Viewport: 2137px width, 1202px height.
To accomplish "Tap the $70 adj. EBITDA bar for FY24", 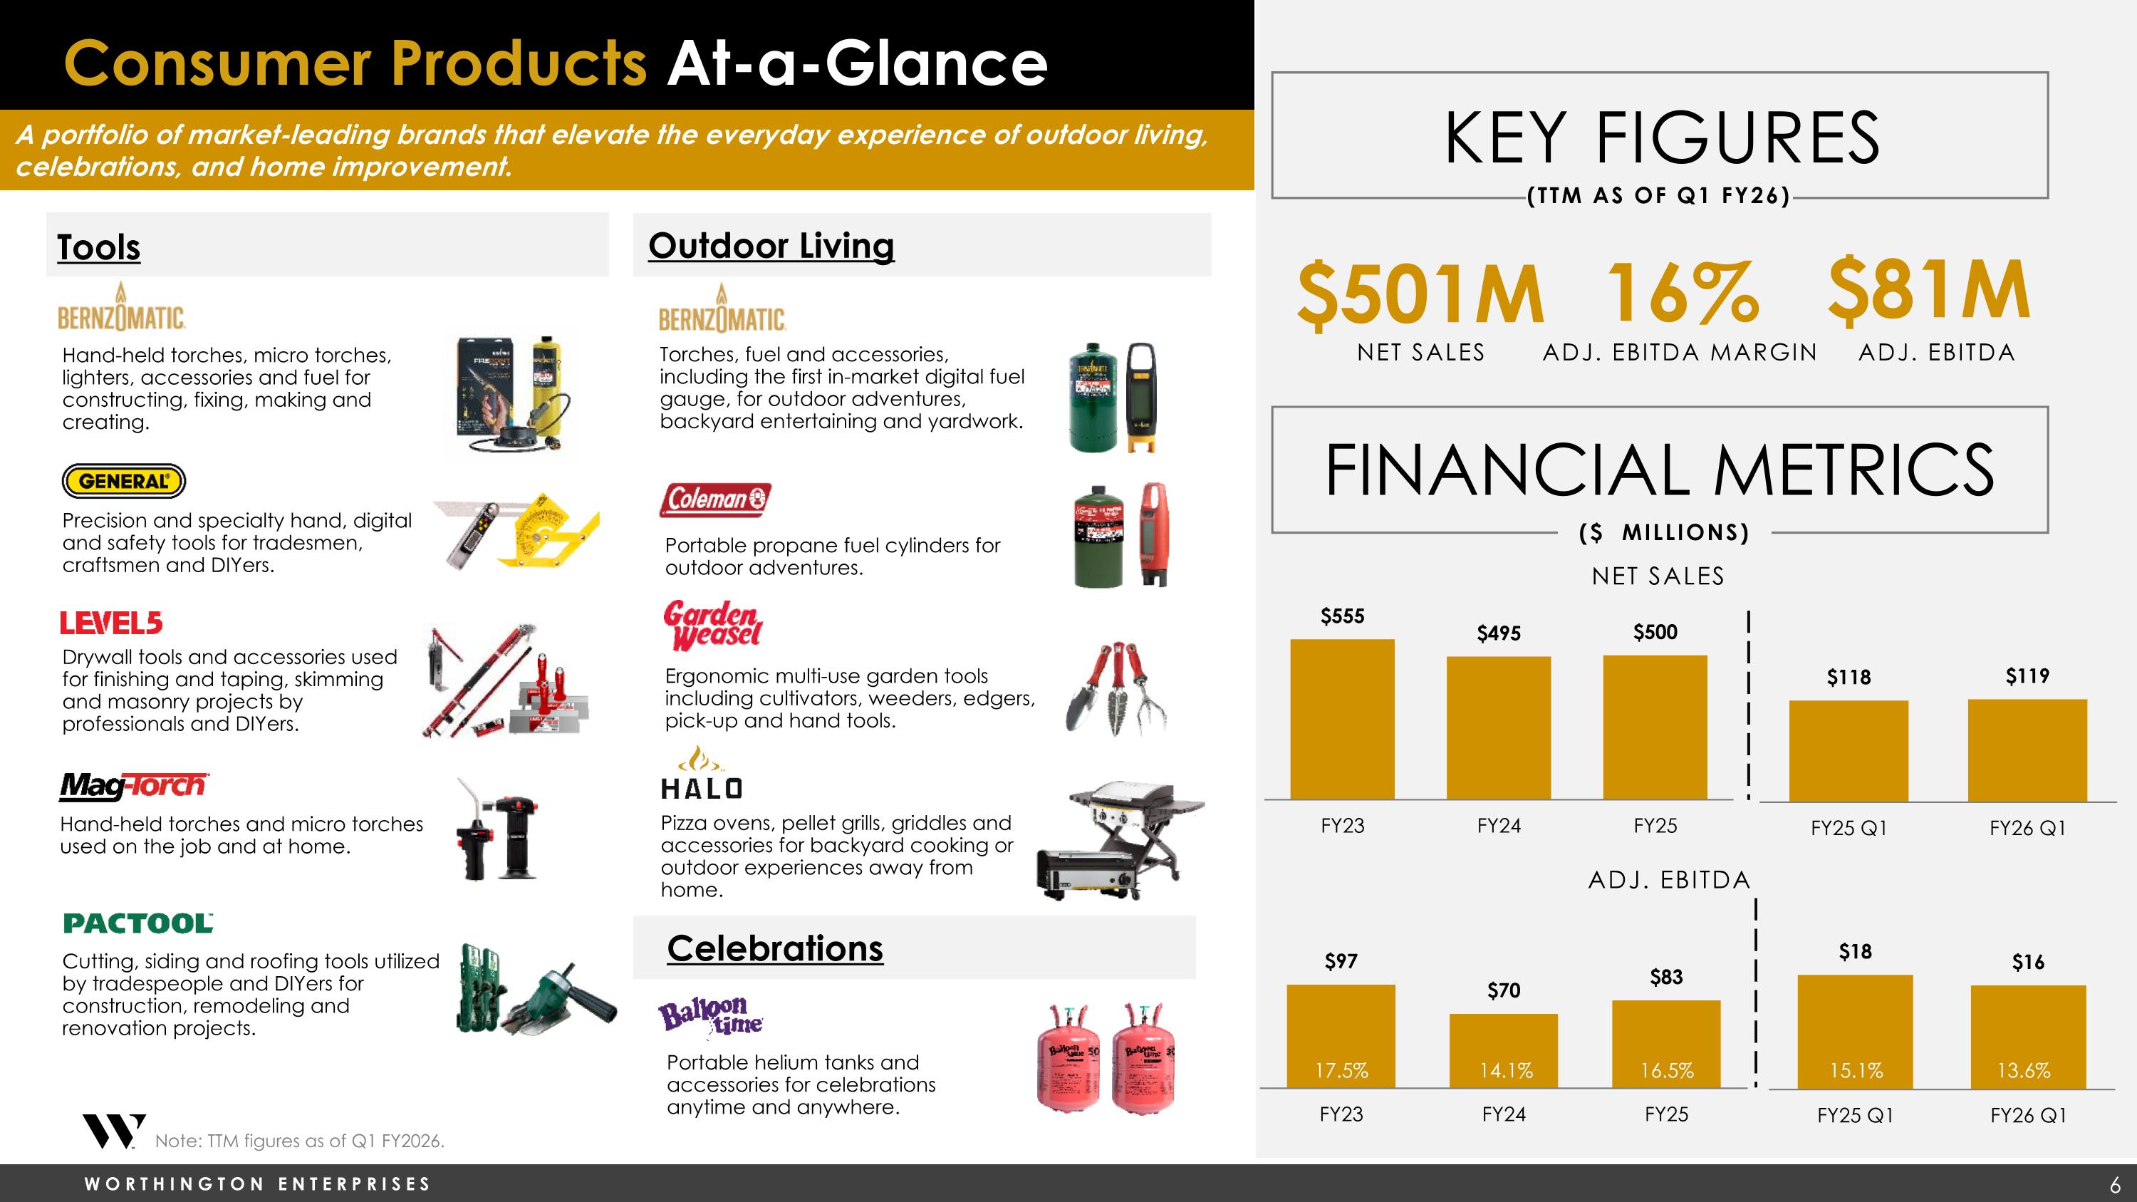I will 1503,1050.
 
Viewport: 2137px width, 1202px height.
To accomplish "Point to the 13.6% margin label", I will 2023,1070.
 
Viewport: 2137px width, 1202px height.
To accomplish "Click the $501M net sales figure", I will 1420,292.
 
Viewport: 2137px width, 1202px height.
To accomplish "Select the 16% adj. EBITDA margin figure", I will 1683,292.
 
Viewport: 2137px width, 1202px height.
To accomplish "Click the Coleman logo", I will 715,499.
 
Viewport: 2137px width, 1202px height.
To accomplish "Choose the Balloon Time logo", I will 710,1017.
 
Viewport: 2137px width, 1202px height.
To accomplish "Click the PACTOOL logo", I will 137,923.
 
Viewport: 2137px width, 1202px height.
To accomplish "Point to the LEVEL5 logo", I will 111,623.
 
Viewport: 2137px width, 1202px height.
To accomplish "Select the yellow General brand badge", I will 124,480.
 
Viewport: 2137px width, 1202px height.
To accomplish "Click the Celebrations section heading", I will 775,948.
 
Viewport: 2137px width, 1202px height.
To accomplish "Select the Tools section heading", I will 99,247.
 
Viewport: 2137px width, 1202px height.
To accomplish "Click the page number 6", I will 2115,1183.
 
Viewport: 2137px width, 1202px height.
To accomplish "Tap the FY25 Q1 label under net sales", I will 1849,828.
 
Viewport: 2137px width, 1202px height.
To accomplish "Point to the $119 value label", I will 2027,676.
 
